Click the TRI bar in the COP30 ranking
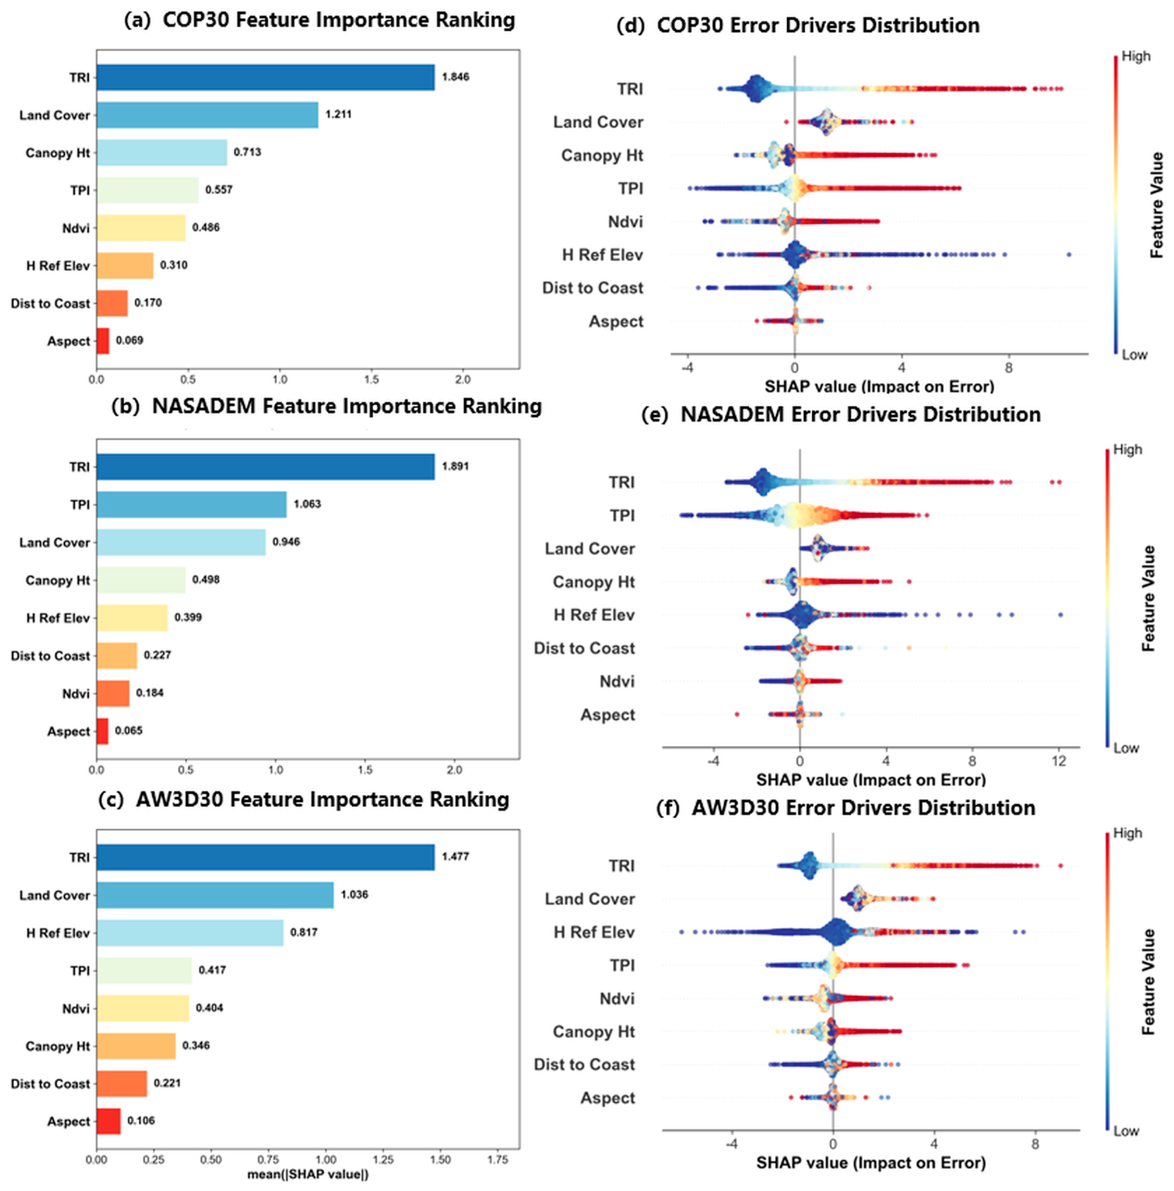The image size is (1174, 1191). click(265, 77)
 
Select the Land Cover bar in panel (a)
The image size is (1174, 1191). click(207, 114)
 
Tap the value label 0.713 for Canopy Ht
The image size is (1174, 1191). click(247, 152)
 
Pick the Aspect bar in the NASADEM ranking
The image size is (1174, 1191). click(102, 731)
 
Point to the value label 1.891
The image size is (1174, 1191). click(455, 467)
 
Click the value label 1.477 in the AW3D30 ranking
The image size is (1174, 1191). click(455, 857)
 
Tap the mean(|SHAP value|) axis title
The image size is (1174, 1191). click(308, 1174)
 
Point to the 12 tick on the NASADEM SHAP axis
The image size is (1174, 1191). click(1059, 761)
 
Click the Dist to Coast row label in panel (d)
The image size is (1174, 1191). click(592, 288)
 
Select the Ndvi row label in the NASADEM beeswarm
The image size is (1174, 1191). click(617, 681)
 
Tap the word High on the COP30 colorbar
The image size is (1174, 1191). click(1136, 56)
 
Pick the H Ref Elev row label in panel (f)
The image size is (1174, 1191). click(594, 932)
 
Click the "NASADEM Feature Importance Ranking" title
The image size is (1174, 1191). click(347, 406)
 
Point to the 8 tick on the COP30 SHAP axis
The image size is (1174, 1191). click(1009, 368)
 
